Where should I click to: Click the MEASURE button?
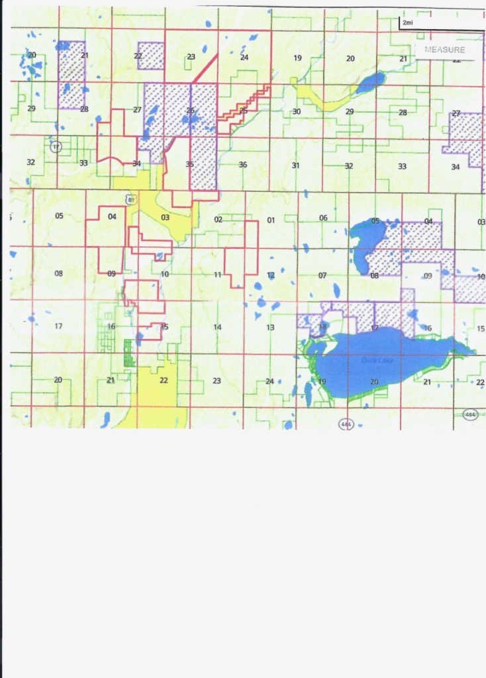click(x=444, y=50)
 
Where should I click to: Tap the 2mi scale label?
click(x=407, y=23)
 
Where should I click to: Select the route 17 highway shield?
click(x=56, y=147)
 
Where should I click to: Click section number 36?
click(x=243, y=165)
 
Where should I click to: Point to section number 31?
click(x=295, y=165)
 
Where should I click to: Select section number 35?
click(x=189, y=165)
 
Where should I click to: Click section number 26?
click(x=190, y=111)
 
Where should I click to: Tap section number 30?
click(x=297, y=111)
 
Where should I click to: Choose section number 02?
click(x=218, y=219)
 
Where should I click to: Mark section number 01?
click(x=270, y=219)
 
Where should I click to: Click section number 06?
click(x=323, y=218)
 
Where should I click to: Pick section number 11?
click(x=217, y=274)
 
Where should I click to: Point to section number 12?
click(x=270, y=274)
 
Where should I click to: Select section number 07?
click(x=322, y=275)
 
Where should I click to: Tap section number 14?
click(x=217, y=327)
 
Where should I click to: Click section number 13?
click(x=270, y=327)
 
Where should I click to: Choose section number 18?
click(x=322, y=326)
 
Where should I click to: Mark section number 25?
click(x=243, y=111)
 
